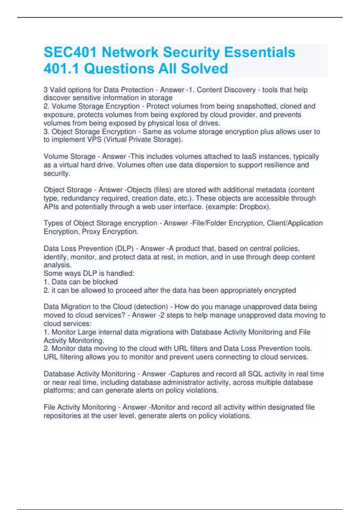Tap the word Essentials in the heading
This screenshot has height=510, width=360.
tap(259, 52)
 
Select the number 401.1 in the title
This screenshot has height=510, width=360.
tap(61, 69)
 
